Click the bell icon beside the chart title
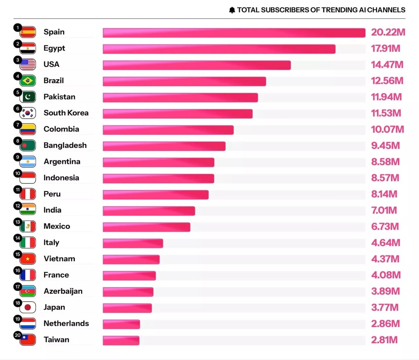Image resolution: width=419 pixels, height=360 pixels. pyautogui.click(x=232, y=10)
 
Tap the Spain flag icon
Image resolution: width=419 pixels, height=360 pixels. pyautogui.click(x=28, y=32)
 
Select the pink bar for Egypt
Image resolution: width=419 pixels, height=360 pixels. pyautogui.click(x=219, y=49)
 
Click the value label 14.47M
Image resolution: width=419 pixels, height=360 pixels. pyautogui.click(x=387, y=64)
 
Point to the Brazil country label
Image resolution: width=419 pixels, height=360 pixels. pyautogui.click(x=54, y=80)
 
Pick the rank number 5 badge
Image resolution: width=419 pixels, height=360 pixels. pyautogui.click(x=18, y=93)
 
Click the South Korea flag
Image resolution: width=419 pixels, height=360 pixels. pyautogui.click(x=28, y=113)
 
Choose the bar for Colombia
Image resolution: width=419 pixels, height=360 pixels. pyautogui.click(x=168, y=130)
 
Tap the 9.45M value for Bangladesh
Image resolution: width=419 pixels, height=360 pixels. pyautogui.click(x=385, y=146)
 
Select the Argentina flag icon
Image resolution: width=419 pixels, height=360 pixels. pyautogui.click(x=28, y=162)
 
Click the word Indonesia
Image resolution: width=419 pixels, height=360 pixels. pyautogui.click(x=61, y=178)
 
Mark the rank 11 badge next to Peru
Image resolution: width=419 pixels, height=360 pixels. pyautogui.click(x=18, y=190)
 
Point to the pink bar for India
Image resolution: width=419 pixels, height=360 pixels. pyautogui.click(x=149, y=211)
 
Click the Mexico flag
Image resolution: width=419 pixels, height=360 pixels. pyautogui.click(x=28, y=227)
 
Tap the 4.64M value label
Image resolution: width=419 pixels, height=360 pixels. pyautogui.click(x=386, y=243)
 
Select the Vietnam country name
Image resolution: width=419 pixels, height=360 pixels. pyautogui.click(x=59, y=259)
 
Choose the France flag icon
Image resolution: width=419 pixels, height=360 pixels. pyautogui.click(x=28, y=275)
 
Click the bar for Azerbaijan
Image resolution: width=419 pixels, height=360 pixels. pyautogui.click(x=128, y=292)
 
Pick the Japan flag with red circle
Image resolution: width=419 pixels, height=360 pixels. pyautogui.click(x=28, y=308)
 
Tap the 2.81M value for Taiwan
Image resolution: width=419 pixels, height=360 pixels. pyautogui.click(x=384, y=340)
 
